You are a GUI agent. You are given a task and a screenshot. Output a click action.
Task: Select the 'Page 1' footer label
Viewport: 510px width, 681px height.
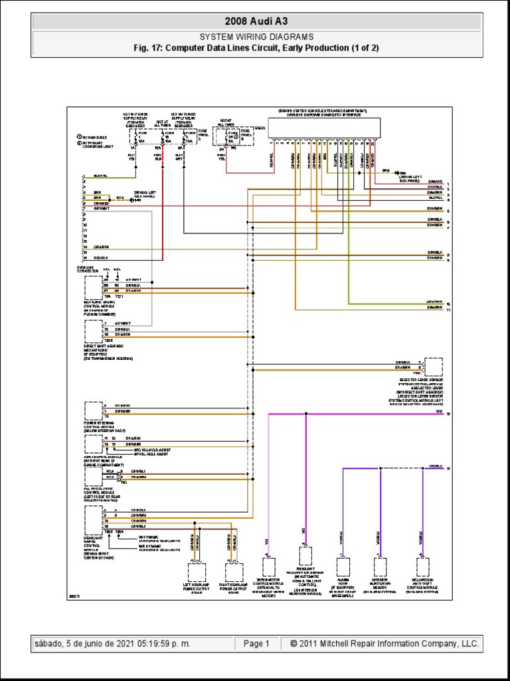point(256,644)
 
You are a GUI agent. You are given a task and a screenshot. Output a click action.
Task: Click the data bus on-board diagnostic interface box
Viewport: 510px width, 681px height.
point(324,128)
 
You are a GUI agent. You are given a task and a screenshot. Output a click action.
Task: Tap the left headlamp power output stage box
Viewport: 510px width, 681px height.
point(197,572)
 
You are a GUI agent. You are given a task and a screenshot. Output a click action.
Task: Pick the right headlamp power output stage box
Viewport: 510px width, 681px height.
point(234,572)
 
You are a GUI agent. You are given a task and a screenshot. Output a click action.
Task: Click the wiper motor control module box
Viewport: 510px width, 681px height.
point(269,567)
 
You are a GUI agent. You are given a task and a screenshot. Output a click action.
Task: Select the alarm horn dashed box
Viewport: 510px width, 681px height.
point(343,567)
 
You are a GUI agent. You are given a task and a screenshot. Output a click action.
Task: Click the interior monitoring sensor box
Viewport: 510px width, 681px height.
point(380,567)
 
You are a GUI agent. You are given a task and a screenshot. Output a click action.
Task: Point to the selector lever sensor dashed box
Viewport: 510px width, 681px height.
point(434,367)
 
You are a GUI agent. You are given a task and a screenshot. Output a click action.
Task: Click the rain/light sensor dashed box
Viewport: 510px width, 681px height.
point(306,555)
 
